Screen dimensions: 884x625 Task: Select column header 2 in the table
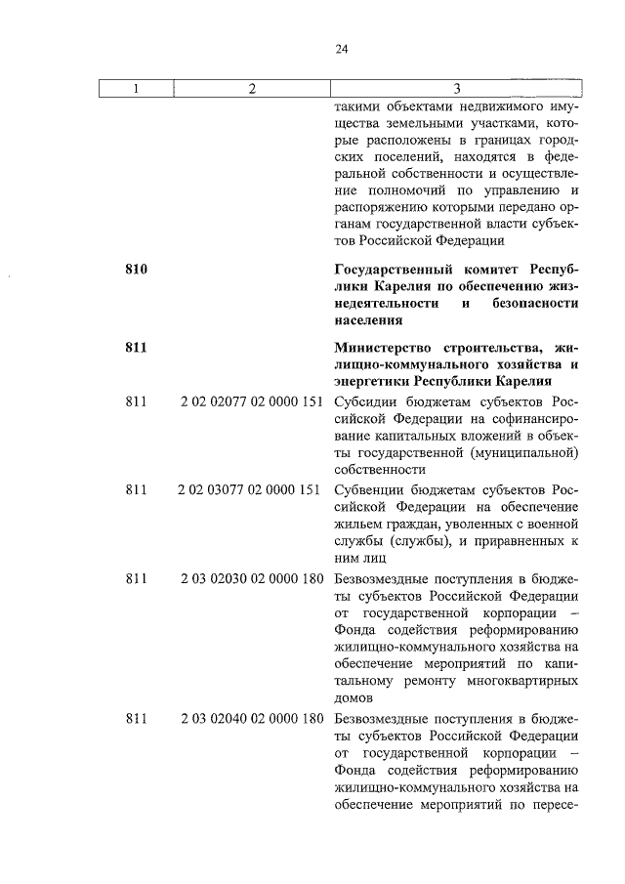pyautogui.click(x=251, y=89)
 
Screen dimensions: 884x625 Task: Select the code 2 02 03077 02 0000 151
pyautogui.click(x=251, y=489)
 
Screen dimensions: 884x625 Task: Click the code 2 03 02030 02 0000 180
pyautogui.click(x=251, y=579)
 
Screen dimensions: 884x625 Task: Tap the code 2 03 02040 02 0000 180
pyautogui.click(x=251, y=718)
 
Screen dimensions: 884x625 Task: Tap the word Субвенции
pyautogui.click(x=367, y=489)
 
